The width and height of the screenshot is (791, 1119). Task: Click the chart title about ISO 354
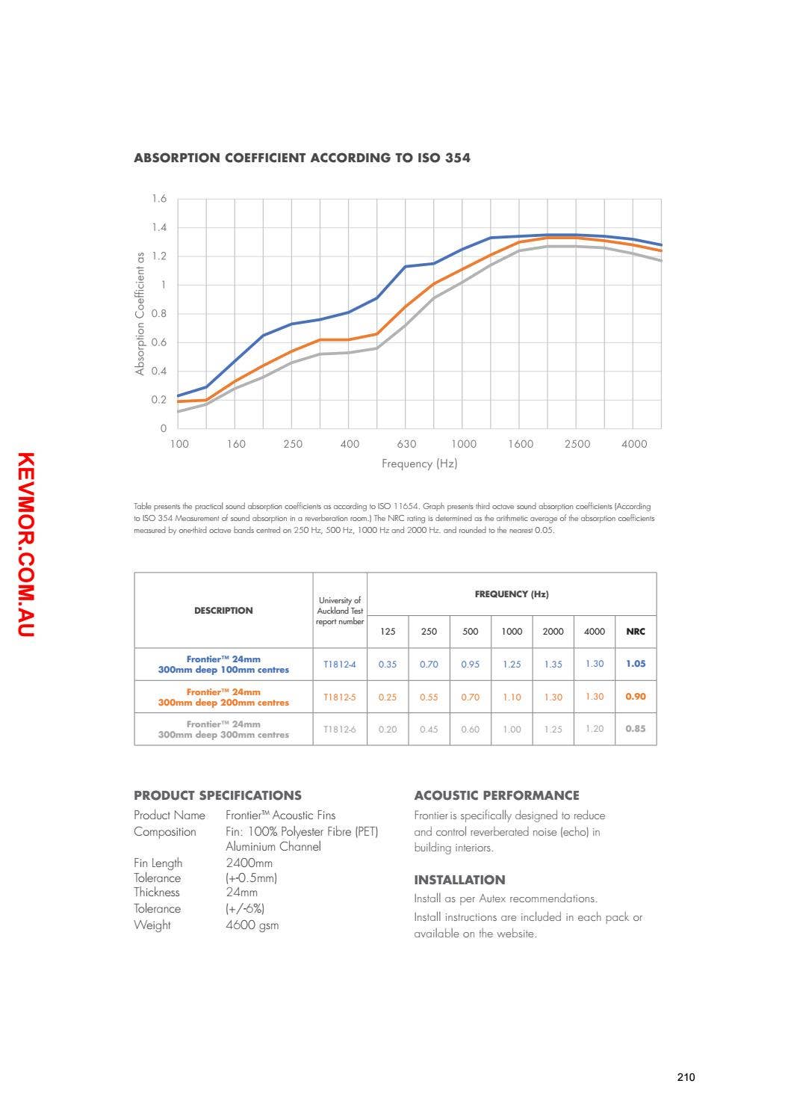point(302,158)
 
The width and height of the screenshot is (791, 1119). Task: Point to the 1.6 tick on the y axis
point(159,199)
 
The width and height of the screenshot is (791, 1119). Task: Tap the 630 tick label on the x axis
point(406,444)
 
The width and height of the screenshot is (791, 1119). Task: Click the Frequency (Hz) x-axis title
point(419,463)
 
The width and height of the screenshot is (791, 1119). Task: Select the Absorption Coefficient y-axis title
point(140,313)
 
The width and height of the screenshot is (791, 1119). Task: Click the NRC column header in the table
point(635,632)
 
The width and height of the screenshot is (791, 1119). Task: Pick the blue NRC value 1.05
point(636,664)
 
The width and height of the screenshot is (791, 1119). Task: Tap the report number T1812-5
point(340,697)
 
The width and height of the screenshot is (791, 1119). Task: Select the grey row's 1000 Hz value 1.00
point(512,730)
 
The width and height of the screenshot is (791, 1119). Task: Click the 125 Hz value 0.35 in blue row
point(388,665)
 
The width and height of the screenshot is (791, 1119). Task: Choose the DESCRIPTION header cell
point(223,611)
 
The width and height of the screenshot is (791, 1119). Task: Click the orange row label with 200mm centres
point(223,697)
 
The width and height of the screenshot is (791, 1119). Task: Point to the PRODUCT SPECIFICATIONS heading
point(217,795)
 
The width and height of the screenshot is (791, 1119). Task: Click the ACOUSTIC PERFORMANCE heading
point(496,795)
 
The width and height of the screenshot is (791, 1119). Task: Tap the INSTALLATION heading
point(459,880)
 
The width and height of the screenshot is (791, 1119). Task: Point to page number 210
point(686,1077)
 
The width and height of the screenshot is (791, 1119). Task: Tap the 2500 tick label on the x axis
point(577,444)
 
